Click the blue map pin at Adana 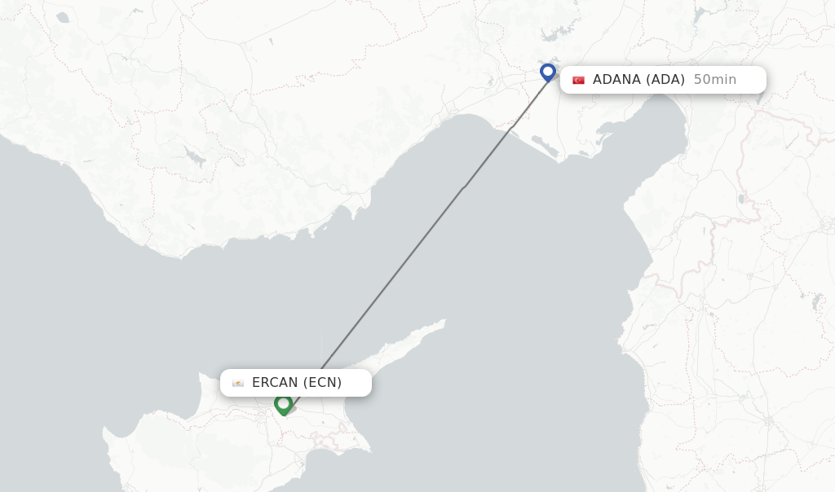coord(548,72)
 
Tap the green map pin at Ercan coord(283,403)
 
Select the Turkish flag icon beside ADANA coord(578,80)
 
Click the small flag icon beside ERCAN coord(238,383)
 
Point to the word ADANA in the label coord(617,80)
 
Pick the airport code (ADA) coord(665,80)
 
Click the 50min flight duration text coord(714,80)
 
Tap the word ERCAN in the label coord(275,383)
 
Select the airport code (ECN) coord(322,383)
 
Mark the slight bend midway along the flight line coord(463,188)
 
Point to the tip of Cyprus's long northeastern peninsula coord(444,321)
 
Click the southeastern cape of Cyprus coord(369,450)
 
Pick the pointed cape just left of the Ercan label coord(201,376)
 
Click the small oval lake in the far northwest coord(63,17)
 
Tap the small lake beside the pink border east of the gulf coord(740,199)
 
